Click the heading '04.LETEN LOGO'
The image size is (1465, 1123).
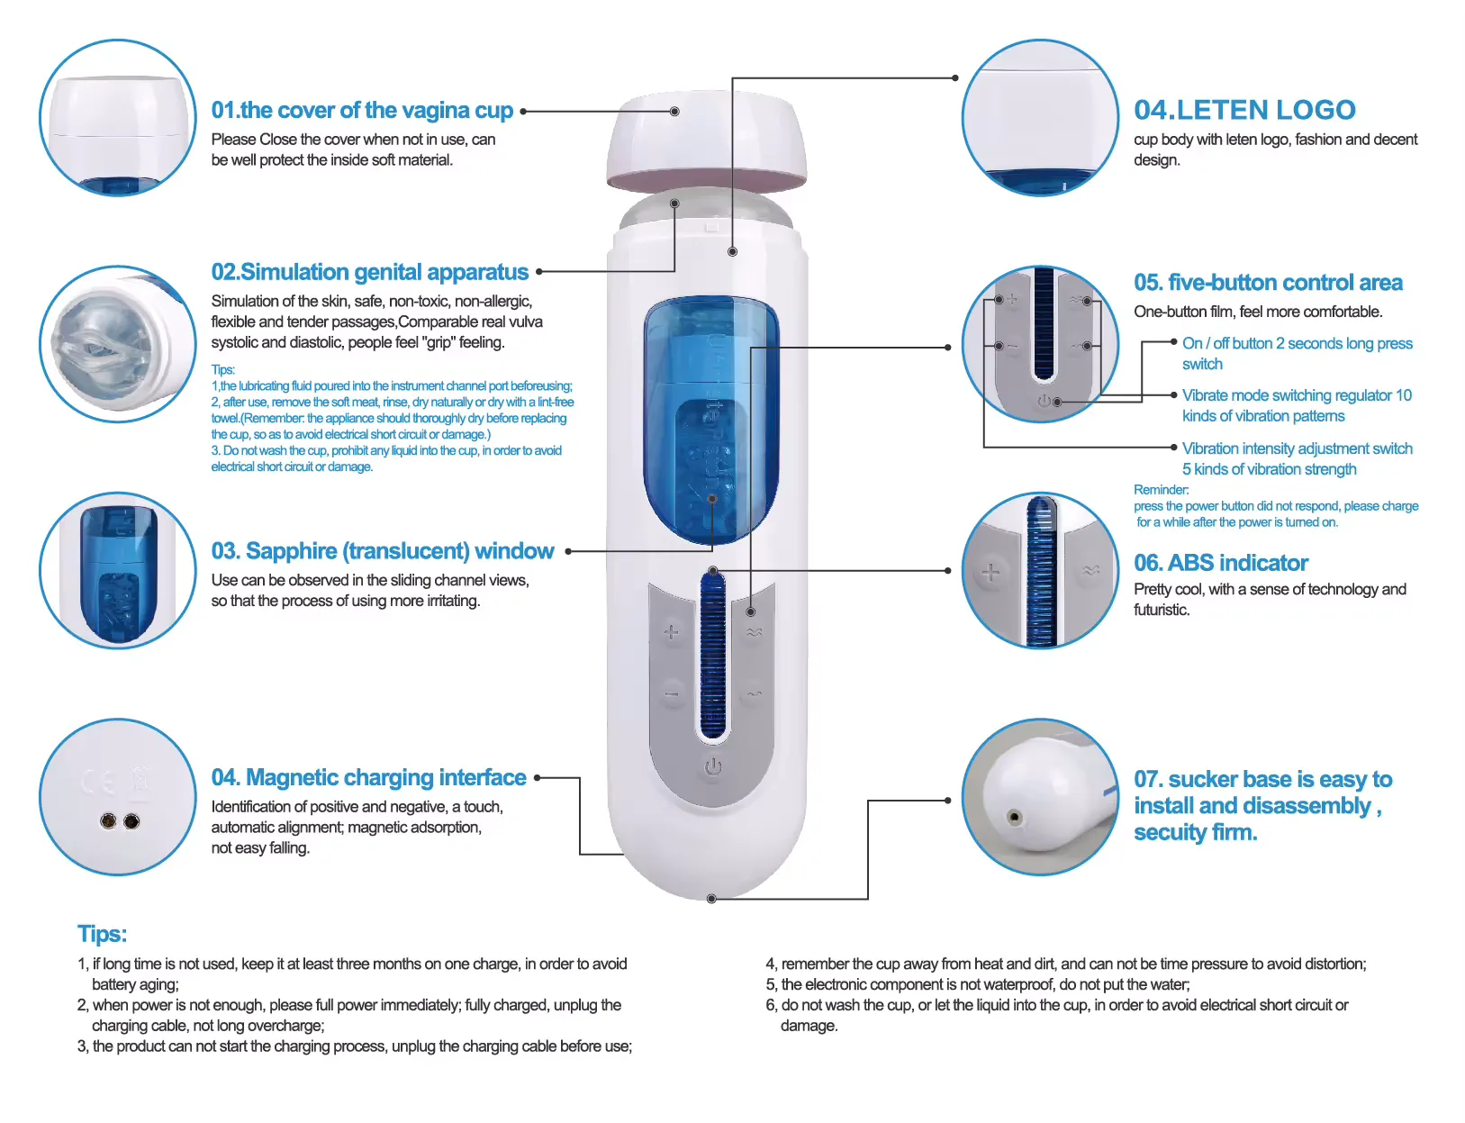[1243, 110]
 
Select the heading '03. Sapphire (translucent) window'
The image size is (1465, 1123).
[383, 551]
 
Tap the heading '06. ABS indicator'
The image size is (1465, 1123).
[1221, 562]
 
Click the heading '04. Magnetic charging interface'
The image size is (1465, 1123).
[368, 777]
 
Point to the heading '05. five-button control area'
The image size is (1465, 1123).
[1268, 283]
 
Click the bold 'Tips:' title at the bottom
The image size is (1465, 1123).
[102, 934]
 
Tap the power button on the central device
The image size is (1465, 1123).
[712, 767]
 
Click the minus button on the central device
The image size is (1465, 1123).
[672, 694]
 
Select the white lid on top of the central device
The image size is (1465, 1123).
[707, 140]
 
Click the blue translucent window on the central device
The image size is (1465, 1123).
[711, 420]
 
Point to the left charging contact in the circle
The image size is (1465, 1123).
[108, 821]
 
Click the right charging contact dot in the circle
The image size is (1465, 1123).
[132, 821]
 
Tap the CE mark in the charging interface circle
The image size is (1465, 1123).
[98, 782]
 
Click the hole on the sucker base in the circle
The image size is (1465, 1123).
[1014, 818]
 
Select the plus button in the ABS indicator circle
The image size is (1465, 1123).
[990, 573]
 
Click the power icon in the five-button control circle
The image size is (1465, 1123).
[1044, 401]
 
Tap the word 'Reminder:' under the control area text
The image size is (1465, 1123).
[1161, 489]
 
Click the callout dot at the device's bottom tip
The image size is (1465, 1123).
[711, 899]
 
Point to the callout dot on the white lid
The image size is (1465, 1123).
[674, 112]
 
